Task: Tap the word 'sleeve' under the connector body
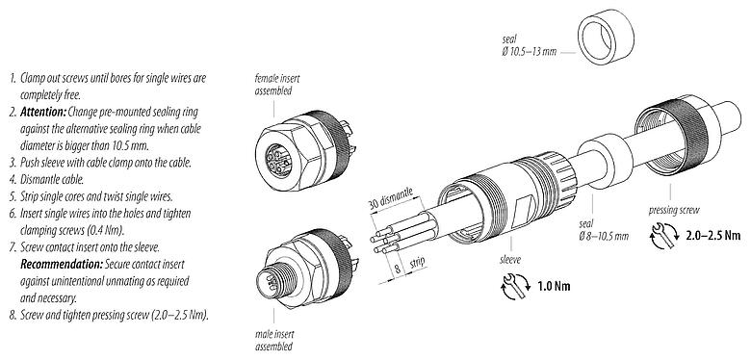coord(482,258)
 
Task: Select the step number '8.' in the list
coord(11,316)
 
